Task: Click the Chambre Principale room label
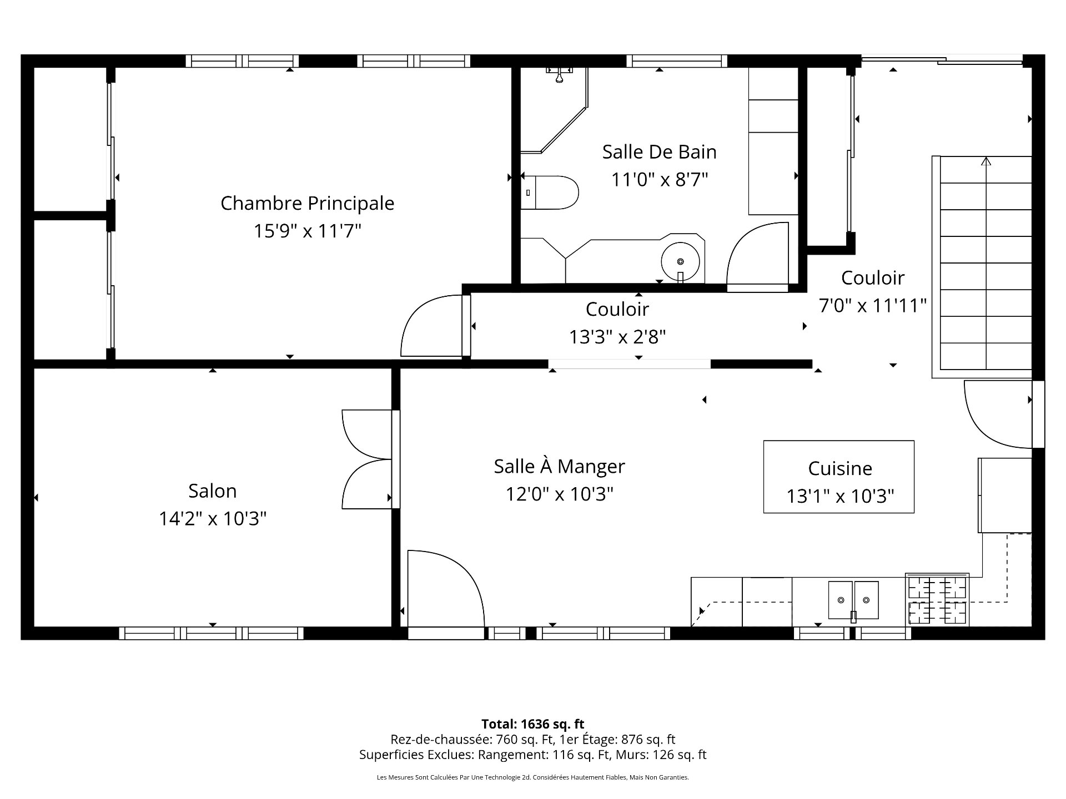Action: (x=307, y=203)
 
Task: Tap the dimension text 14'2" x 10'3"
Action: (x=213, y=519)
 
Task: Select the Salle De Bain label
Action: (x=659, y=151)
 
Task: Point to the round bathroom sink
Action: (x=680, y=261)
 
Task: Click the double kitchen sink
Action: (x=853, y=600)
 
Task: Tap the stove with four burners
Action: (x=937, y=600)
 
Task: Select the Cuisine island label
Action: (x=839, y=468)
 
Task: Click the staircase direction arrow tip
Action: (x=986, y=160)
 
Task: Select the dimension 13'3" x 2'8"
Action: (x=617, y=337)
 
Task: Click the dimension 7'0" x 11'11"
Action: (x=873, y=305)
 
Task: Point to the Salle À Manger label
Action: (x=559, y=466)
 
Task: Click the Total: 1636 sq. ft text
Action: (x=532, y=724)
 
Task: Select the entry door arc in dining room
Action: (x=444, y=585)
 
